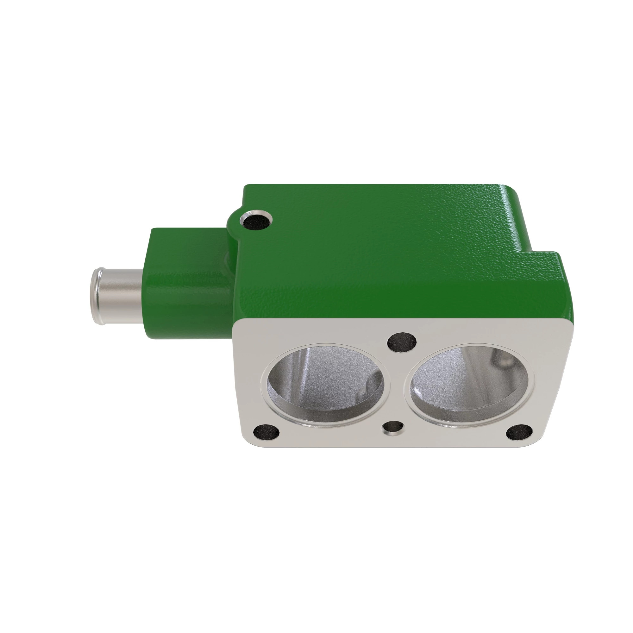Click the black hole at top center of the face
[402, 342]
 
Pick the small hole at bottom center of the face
[393, 428]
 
